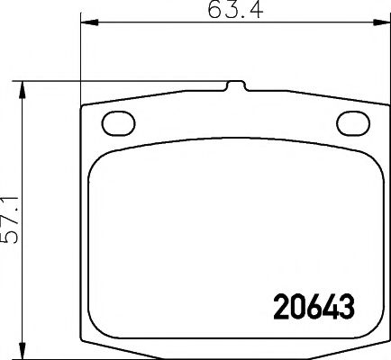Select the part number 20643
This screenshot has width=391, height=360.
[x=312, y=307]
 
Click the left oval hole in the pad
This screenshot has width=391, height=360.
[x=116, y=122]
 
